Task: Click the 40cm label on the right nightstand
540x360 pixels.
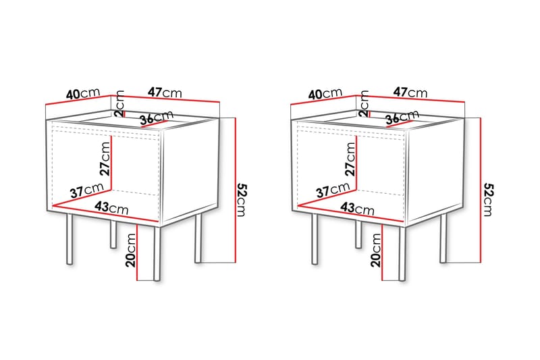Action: tap(326, 94)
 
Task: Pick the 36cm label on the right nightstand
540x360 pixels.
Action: tap(400, 119)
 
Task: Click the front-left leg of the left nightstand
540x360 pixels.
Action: tap(69, 240)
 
